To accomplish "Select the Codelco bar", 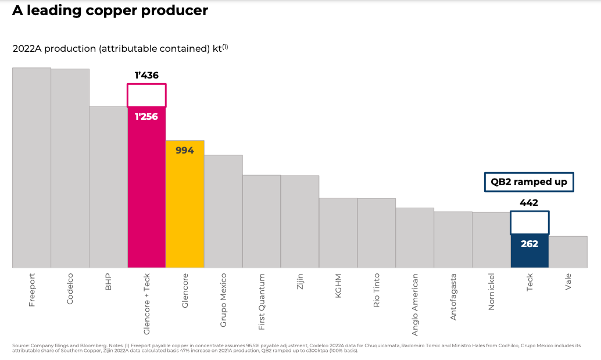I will click(70, 168).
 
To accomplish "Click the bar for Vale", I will click(568, 252).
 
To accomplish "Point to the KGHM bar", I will click(338, 233).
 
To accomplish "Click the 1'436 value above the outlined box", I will click(146, 75).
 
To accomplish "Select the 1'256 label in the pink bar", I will click(146, 116).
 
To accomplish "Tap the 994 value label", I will click(185, 150).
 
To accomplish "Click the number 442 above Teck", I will click(529, 203).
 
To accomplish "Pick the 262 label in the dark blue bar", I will click(529, 244).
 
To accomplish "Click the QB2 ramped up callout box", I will click(529, 182).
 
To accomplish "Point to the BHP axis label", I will click(108, 282).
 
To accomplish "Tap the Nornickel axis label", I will click(492, 291).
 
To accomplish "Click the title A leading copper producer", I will click(110, 10).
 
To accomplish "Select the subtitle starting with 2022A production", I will click(120, 48).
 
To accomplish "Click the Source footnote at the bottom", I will click(296, 348).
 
